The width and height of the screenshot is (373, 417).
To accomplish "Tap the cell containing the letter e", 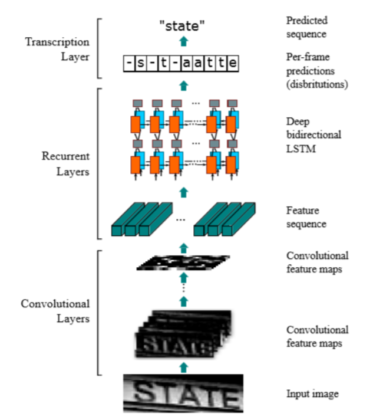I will pos(233,62).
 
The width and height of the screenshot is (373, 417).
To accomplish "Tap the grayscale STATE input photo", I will pos(183,393).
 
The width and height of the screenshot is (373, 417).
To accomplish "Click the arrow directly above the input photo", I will pos(184,367).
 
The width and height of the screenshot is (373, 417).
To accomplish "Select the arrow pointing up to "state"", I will pos(184,41).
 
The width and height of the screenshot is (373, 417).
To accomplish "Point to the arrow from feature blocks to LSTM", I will pos(184,191).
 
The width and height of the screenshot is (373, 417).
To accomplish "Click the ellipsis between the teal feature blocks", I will pos(181,219).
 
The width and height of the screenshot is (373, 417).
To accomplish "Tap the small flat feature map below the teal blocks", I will pos(183,263).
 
